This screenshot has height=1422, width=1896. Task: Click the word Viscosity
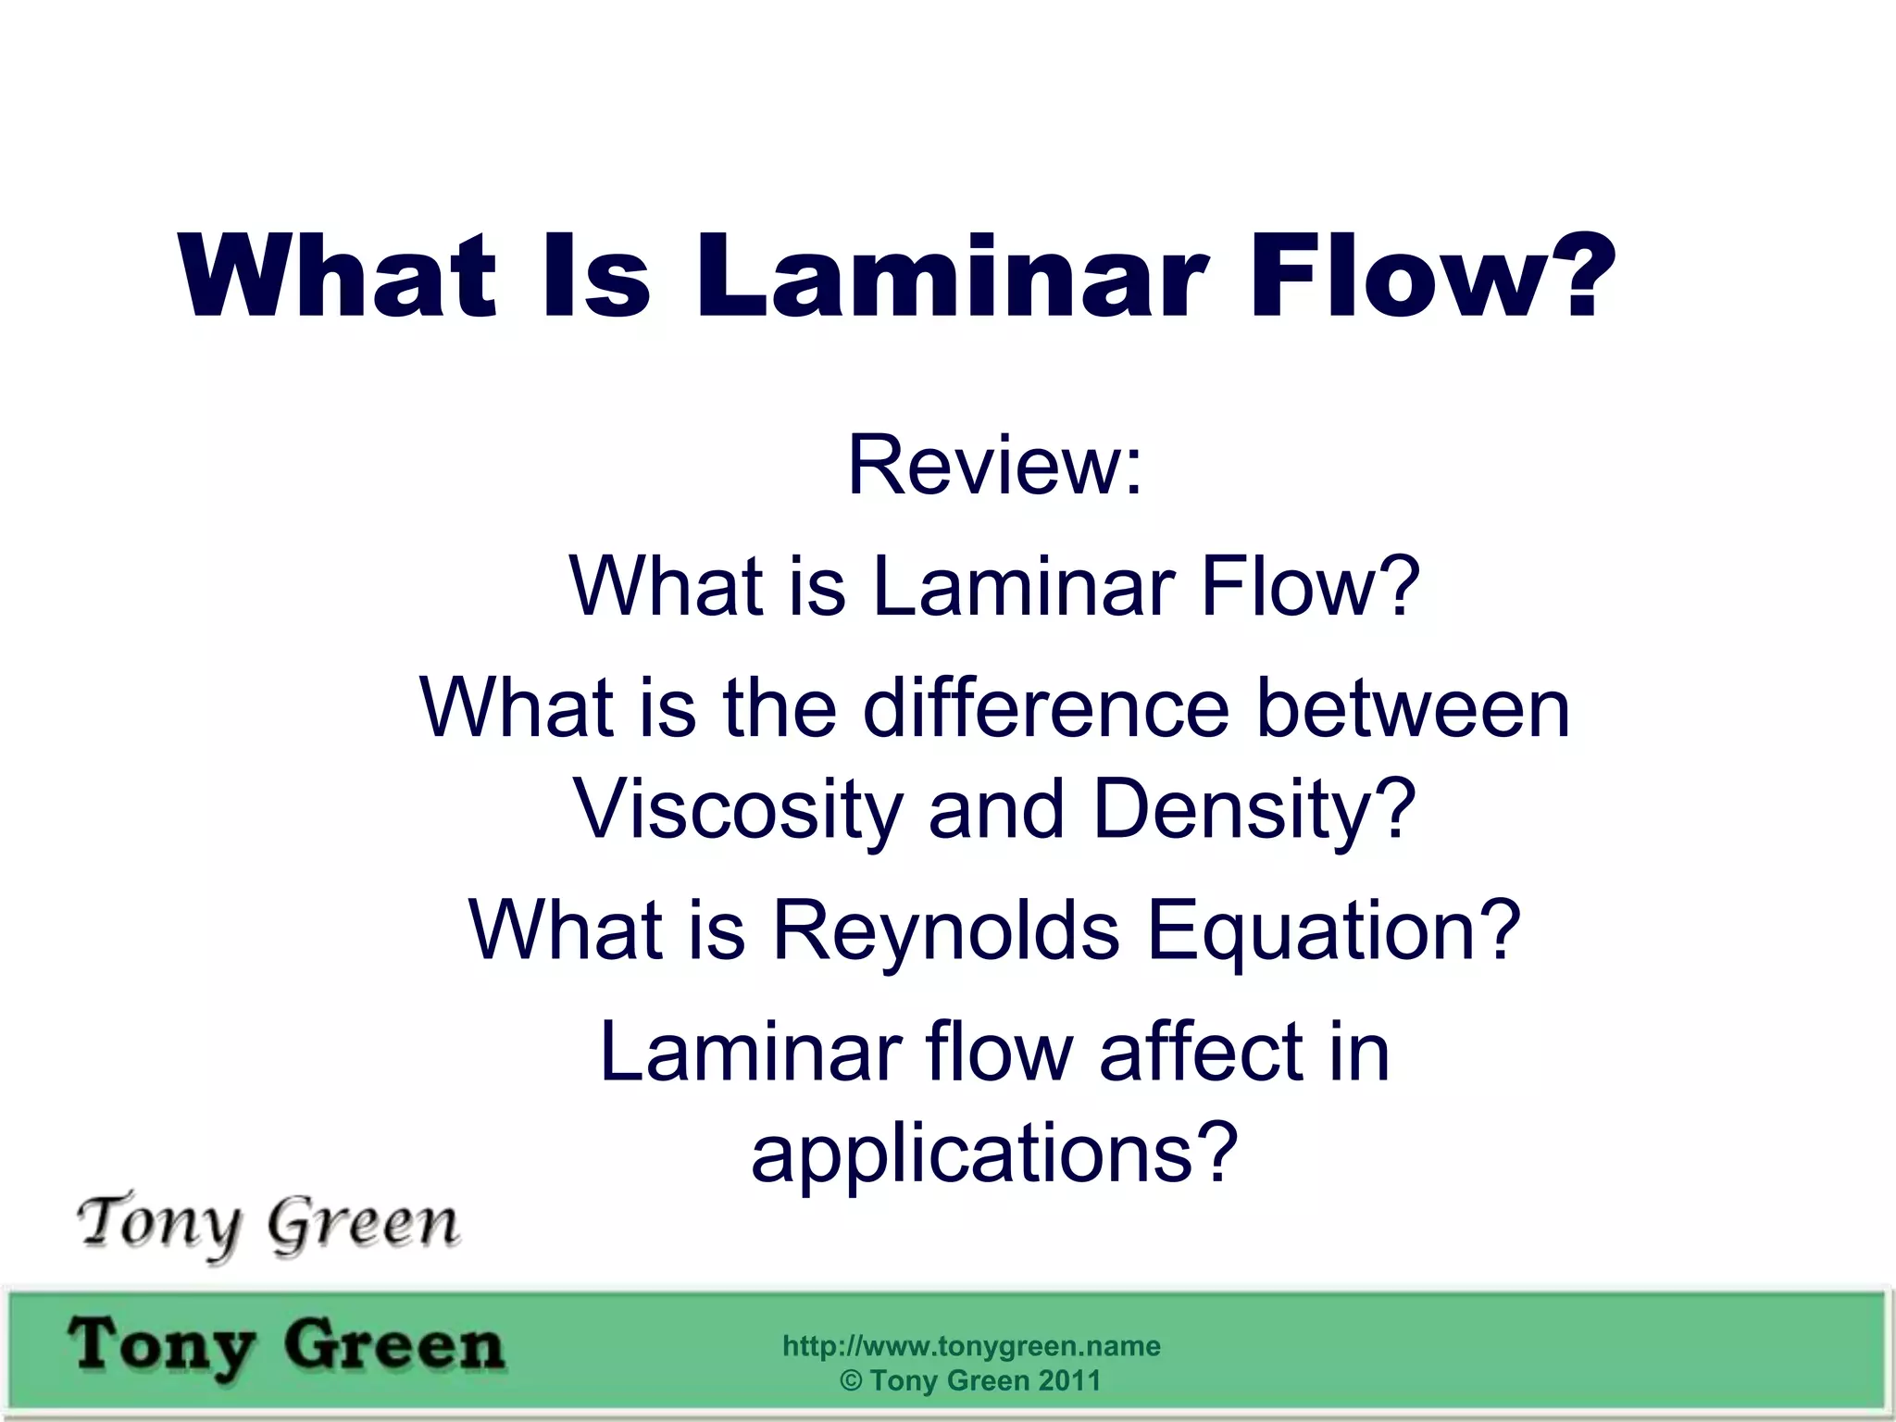pos(738,809)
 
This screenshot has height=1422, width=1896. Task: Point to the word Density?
pos(1254,809)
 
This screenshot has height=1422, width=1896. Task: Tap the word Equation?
pos(1333,929)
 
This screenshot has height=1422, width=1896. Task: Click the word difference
pos(1046,708)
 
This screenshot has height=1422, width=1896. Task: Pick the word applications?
pos(994,1154)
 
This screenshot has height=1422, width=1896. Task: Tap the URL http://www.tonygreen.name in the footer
pos(971,1345)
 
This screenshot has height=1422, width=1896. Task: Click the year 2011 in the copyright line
pos(1069,1380)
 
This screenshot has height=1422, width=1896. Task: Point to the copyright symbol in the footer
pos(851,1380)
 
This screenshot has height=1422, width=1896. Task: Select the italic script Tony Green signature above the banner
pos(268,1224)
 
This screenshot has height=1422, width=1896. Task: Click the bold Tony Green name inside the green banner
pos(287,1346)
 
